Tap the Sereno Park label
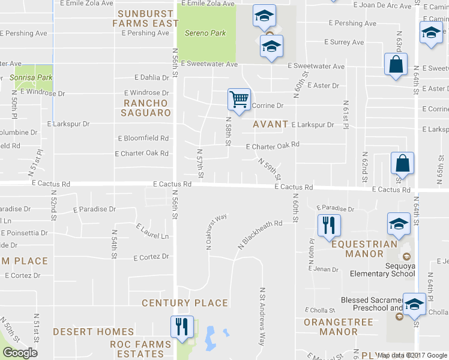coord(205,33)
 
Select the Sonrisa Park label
coord(31,77)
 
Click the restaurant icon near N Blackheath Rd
coord(328,226)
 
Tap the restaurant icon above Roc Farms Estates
coord(182,326)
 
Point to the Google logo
coord(20,353)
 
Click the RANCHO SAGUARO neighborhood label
coord(147,108)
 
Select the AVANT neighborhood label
coord(271,124)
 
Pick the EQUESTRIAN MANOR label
coord(364,249)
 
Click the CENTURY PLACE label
coord(185,303)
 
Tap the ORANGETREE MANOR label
coord(330,327)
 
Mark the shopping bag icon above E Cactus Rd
coord(402,163)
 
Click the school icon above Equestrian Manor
coord(399,224)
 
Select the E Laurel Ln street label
coord(152,232)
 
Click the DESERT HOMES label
coord(93,331)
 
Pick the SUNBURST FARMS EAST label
coord(146,18)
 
